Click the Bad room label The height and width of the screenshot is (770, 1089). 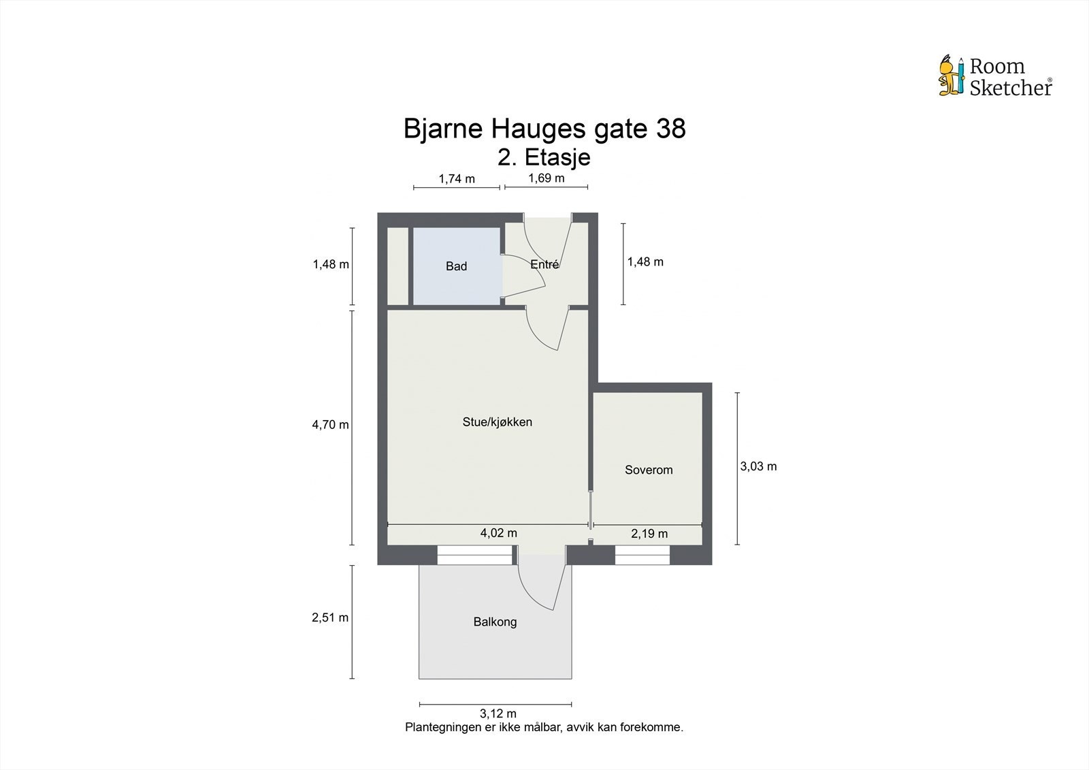pos(456,266)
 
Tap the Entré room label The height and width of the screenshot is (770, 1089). pos(544,265)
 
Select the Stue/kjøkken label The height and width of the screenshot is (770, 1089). pos(497,422)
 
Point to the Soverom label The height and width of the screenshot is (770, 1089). pos(649,470)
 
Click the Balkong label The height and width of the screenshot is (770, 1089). pos(495,622)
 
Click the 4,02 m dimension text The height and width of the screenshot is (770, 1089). pos(498,533)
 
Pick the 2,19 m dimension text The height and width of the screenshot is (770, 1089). pos(649,534)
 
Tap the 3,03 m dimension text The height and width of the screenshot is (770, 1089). pos(758,466)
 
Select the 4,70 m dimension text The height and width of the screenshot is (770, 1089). pos(330,425)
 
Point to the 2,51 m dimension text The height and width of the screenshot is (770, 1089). pos(330,617)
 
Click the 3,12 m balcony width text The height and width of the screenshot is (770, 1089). pos(498,713)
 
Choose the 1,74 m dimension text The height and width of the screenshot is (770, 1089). pos(456,179)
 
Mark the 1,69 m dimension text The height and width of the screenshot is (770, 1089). pos(546,178)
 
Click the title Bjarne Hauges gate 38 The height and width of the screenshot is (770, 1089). pos(544,129)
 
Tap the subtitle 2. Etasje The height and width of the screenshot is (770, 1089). pos(544,157)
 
